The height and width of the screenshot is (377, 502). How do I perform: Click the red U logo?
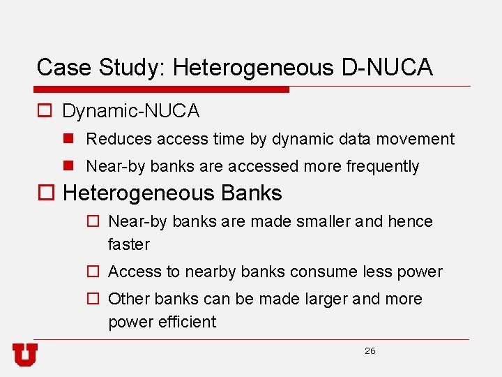coord(24,355)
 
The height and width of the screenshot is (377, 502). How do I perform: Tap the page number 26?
coord(370,351)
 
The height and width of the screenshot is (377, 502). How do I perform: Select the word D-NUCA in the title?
coord(387,68)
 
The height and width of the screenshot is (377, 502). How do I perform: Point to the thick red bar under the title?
coord(162,89)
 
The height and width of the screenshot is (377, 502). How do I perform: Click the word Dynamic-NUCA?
coord(131,111)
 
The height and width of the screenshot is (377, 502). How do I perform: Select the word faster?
coord(129,244)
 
